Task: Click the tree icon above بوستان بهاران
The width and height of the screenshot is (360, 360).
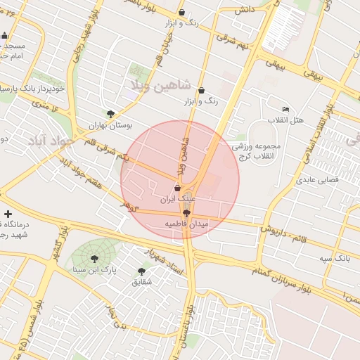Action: (x=110, y=114)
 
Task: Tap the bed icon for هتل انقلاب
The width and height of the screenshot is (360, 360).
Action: (x=285, y=110)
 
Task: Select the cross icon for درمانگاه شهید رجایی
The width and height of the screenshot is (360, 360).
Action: (x=8, y=214)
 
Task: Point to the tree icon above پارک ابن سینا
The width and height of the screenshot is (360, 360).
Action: (x=94, y=259)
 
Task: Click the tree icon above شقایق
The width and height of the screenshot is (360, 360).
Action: (x=141, y=271)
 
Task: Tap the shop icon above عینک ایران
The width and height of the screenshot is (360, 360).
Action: (x=177, y=188)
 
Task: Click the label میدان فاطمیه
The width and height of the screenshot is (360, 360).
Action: (x=186, y=224)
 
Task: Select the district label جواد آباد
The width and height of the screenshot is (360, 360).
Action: (x=51, y=141)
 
